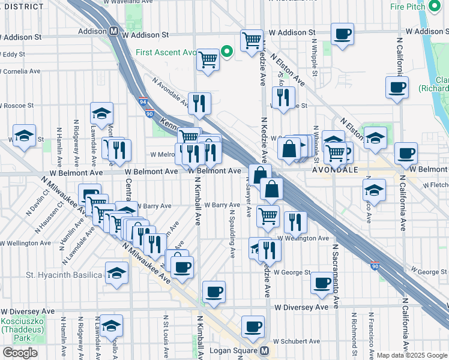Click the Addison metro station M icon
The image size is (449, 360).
pos(113,31)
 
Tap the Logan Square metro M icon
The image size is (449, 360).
pos(264,350)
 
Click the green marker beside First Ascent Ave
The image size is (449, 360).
pos(227,52)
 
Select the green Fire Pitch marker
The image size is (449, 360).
pos(436,7)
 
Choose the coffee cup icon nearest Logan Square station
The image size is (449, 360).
pos(253,327)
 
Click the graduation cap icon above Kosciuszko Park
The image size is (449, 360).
pos(111,326)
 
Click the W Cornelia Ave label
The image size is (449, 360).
pos(21,71)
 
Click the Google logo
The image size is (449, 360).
pos(20,353)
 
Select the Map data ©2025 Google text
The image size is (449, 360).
pos(412,355)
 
